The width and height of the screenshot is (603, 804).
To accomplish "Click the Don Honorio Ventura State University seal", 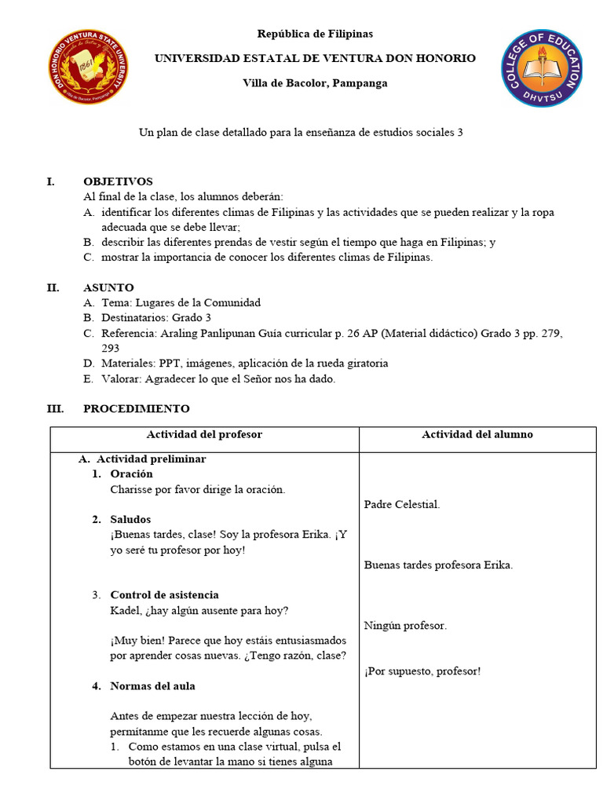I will (90, 67).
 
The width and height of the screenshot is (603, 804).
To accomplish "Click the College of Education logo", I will (542, 67).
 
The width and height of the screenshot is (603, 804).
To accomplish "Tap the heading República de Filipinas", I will (315, 34).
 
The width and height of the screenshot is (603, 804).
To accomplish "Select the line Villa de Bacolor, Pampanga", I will (315, 83).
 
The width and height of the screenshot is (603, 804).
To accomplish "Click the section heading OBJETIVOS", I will (118, 181).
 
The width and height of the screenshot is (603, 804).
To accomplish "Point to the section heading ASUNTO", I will (108, 287).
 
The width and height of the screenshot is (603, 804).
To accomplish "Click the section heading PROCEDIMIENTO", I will (136, 408).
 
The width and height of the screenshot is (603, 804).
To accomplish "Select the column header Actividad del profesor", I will (204, 434).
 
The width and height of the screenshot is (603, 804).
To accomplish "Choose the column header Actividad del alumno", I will (477, 434).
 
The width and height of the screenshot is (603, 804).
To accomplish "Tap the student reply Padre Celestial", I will (402, 505).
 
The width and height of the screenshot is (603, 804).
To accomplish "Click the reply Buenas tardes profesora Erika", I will (438, 565).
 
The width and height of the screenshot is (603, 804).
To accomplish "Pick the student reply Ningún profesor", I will (405, 626).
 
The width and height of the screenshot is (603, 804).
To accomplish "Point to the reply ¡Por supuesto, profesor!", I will (422, 671).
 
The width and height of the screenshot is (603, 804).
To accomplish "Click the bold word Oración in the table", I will (131, 474).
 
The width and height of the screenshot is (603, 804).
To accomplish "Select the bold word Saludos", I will (130, 520).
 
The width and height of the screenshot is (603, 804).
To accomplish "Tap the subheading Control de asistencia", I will (164, 595).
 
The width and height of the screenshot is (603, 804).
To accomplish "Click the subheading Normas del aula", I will (152, 686).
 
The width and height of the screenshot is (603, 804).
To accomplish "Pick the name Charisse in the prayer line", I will (130, 489).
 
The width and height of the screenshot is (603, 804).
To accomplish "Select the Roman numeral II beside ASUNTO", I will (53, 287).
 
